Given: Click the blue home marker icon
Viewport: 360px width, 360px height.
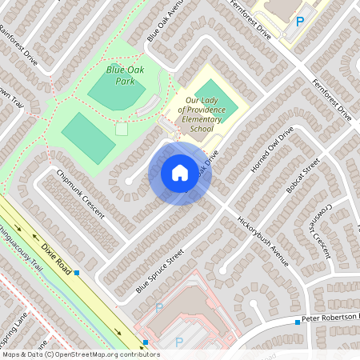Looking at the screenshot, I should (180, 173).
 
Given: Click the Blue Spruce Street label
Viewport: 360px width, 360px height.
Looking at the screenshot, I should (160, 270).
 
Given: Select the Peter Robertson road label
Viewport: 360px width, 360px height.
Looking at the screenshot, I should (330, 319).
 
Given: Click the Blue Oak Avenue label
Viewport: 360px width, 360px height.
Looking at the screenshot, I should (166, 21).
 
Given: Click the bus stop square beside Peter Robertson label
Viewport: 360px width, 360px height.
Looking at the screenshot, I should (297, 322).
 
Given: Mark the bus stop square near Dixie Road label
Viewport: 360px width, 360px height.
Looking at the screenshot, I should (78, 273).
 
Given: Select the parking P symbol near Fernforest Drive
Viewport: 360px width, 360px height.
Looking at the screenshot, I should (300, 22).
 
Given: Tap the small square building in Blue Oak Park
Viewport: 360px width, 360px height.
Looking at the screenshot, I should (122, 128).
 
